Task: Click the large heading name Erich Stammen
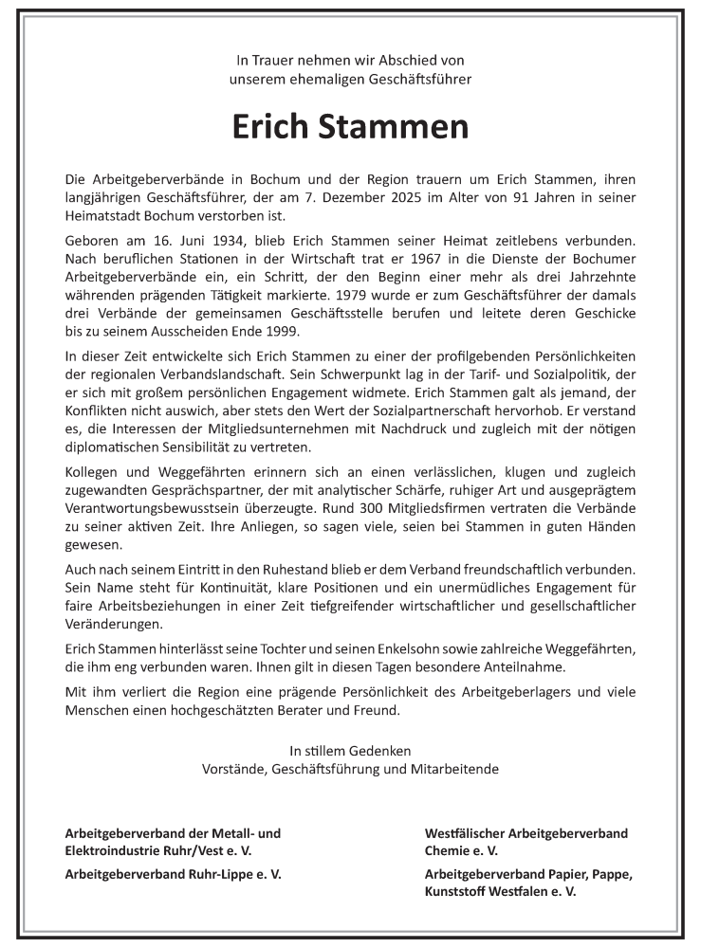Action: click(350, 129)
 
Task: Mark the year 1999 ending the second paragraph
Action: click(280, 330)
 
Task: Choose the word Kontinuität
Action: click(233, 586)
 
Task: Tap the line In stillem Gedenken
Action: click(350, 751)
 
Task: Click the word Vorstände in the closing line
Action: click(232, 769)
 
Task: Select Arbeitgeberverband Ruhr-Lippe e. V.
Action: click(173, 873)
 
